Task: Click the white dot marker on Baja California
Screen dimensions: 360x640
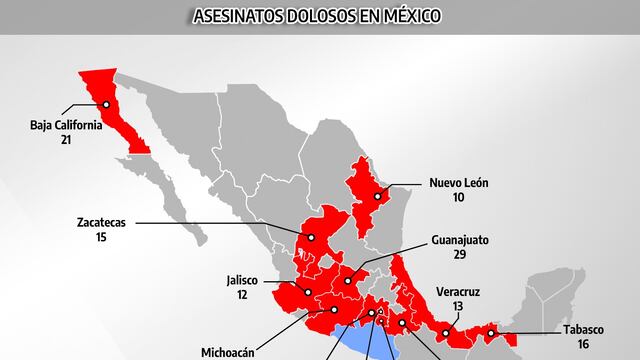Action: pyautogui.click(x=105, y=103)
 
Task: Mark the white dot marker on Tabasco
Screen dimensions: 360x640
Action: pyautogui.click(x=491, y=333)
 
